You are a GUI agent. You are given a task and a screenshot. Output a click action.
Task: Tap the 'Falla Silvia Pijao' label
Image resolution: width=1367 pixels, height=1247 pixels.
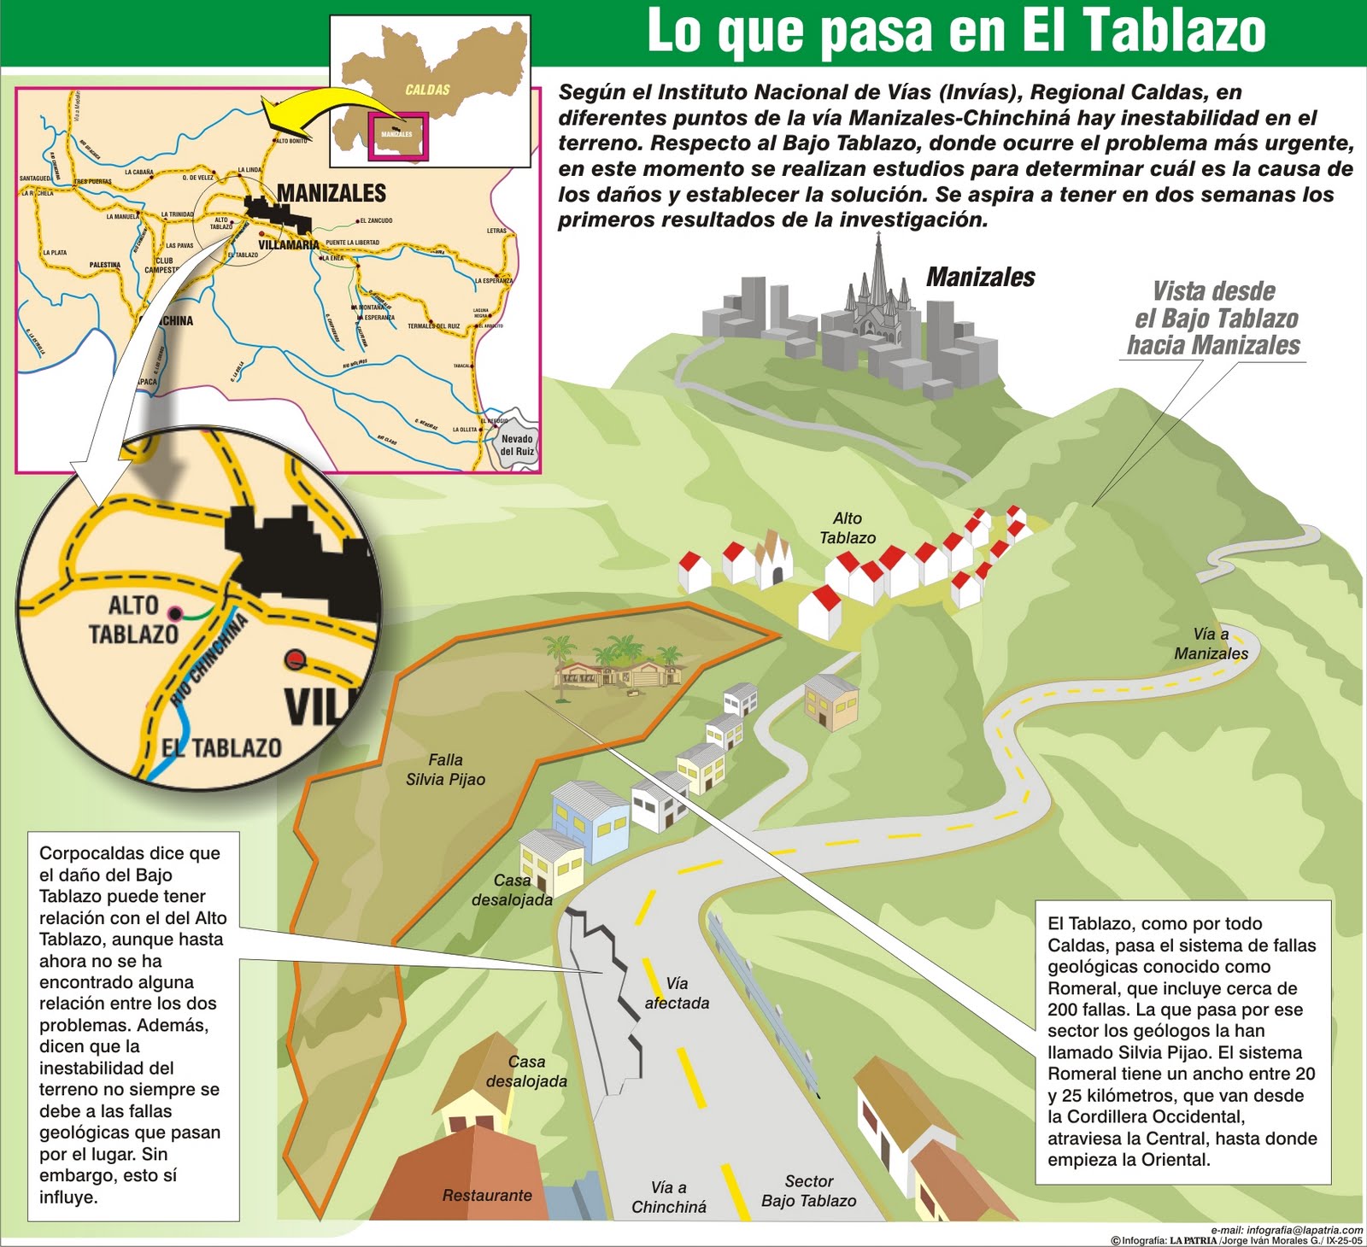(x=445, y=770)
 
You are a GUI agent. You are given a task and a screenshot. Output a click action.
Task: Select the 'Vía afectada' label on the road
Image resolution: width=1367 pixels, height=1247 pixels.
(x=677, y=993)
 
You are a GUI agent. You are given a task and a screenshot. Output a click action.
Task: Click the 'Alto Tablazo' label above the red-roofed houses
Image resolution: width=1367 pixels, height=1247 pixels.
(x=848, y=528)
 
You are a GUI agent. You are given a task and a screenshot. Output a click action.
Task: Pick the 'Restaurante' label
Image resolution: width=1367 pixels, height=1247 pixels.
(x=487, y=1195)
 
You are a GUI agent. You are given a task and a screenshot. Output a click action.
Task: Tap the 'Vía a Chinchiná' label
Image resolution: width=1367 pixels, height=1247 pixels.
(x=668, y=1197)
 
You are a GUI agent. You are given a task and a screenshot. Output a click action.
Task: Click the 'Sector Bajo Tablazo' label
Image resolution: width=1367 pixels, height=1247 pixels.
(x=808, y=1191)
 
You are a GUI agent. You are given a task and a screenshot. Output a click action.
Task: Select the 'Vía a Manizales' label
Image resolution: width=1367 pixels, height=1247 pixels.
(x=1211, y=644)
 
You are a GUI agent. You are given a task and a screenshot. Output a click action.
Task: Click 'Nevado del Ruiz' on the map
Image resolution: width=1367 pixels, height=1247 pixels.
(x=517, y=445)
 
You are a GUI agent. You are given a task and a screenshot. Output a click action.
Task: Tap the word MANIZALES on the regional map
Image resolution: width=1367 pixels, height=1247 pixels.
(x=331, y=193)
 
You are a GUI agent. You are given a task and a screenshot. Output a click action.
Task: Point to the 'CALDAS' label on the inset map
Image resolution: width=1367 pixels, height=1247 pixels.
(x=427, y=90)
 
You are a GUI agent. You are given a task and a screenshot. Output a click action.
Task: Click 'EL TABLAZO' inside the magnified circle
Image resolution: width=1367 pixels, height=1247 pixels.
(x=221, y=748)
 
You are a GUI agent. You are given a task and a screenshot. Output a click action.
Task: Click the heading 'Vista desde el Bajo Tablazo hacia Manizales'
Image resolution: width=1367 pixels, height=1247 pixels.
(x=1214, y=319)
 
